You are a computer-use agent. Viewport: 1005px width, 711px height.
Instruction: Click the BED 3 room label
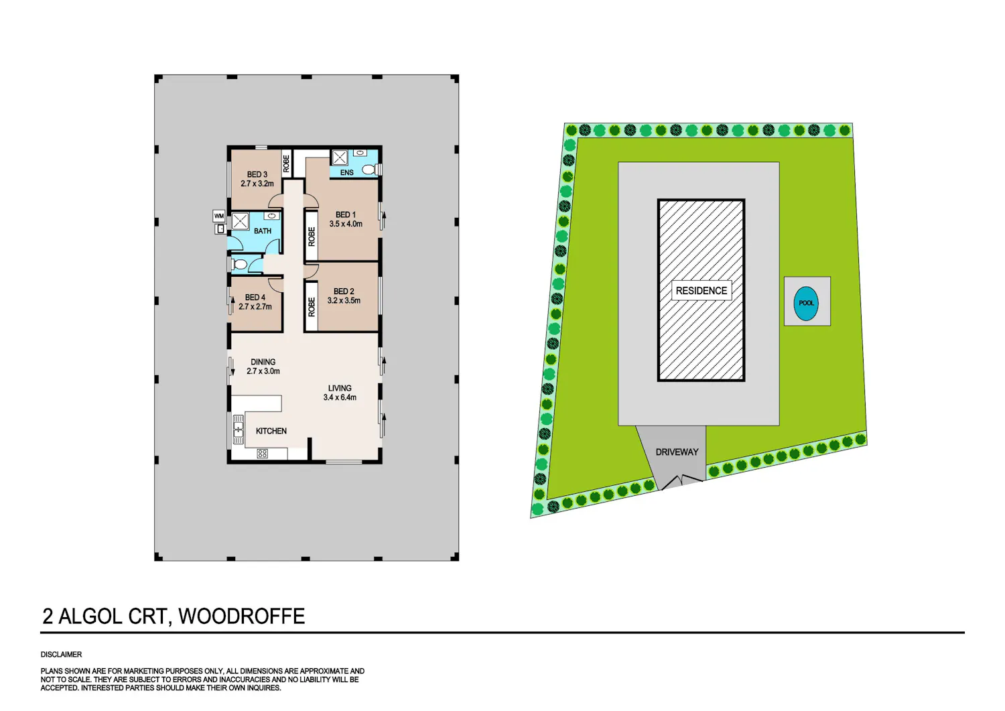(257, 175)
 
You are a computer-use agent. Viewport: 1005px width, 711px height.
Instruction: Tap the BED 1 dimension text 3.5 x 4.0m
(346, 224)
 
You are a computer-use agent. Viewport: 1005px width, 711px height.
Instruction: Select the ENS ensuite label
(347, 172)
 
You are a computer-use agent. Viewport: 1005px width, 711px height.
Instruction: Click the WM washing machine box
(219, 216)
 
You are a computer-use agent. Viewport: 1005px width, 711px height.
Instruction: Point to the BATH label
(263, 231)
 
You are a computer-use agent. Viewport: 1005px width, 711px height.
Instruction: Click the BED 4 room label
(255, 298)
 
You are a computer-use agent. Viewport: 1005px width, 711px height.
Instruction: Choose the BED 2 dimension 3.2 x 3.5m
(344, 301)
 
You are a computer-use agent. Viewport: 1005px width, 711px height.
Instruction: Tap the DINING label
(263, 362)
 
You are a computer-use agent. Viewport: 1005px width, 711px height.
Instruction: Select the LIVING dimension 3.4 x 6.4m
(340, 397)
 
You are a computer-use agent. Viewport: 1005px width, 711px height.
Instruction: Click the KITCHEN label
(271, 431)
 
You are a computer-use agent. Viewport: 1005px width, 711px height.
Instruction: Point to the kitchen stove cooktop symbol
(263, 454)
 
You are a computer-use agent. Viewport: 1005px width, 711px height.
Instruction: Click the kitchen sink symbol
(238, 430)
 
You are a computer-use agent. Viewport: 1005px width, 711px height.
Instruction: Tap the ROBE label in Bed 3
(286, 164)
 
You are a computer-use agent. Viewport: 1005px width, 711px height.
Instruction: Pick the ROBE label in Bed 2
(312, 308)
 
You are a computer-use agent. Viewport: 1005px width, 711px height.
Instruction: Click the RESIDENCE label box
(701, 291)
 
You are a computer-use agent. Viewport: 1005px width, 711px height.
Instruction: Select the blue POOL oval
(806, 304)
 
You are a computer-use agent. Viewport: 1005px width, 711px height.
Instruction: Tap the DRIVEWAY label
(677, 452)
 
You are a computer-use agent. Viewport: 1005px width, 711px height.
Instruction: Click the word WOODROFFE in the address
(242, 617)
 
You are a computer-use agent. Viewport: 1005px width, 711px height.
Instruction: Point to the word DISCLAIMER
(62, 655)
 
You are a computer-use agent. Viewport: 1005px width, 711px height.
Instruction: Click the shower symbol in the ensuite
(339, 157)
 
